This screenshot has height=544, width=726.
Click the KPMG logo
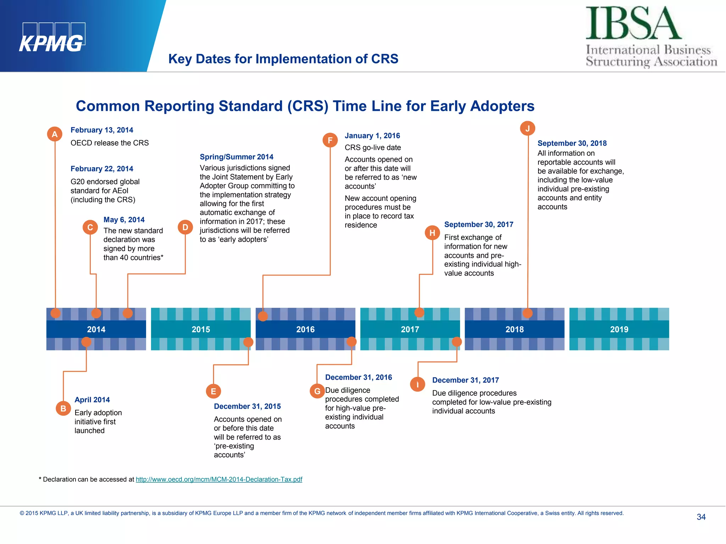point(52,38)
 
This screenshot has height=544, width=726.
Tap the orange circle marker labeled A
point(55,134)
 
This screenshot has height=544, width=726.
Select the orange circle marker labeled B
point(63,408)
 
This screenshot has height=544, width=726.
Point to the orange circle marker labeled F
point(330,140)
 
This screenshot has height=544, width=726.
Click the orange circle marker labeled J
point(527,128)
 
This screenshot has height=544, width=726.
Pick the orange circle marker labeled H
point(432,233)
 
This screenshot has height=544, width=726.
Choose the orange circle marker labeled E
point(213,391)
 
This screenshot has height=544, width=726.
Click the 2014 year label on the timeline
point(96,329)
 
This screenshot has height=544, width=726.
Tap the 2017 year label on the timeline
point(410,329)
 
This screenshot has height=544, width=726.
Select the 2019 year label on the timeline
point(619,329)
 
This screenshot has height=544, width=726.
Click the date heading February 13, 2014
point(102,130)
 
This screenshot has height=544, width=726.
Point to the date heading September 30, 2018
point(572,143)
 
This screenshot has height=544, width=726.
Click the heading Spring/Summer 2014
point(236,157)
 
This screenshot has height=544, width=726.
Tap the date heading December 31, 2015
point(247,406)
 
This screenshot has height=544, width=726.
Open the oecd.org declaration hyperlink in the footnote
point(219,479)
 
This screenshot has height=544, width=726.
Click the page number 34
point(701,517)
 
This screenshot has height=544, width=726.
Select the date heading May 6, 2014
point(124,220)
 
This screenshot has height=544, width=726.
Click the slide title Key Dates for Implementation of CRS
point(283,59)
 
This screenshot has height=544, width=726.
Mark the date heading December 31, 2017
point(465,380)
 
